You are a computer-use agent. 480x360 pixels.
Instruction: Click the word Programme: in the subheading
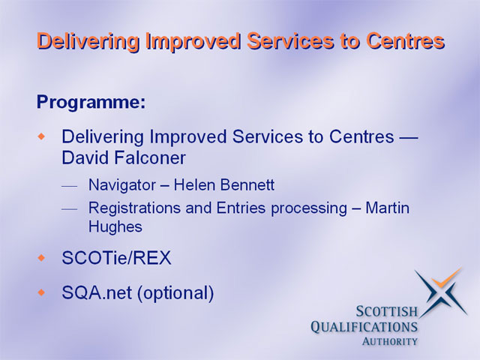[91, 103]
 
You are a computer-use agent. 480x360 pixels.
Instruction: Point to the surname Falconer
[150, 158]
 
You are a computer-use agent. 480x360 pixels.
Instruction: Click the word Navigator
[122, 185]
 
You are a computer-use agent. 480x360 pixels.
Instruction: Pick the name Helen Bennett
[224, 185]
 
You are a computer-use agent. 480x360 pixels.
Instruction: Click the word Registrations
[134, 208]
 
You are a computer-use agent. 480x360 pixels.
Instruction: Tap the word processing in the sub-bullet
[309, 209]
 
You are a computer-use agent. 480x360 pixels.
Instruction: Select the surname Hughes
[115, 227]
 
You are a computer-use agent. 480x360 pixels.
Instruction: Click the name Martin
[387, 208]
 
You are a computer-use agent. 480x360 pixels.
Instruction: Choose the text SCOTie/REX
[116, 258]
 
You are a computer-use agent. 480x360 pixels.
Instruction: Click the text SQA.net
[97, 292]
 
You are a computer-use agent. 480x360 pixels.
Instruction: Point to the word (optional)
[175, 293]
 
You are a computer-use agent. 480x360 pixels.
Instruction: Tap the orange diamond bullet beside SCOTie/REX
[41, 258]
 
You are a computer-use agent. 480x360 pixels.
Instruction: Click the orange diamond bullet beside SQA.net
[41, 292]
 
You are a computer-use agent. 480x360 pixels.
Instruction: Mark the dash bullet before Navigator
[69, 186]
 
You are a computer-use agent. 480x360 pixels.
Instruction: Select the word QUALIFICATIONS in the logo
[364, 327]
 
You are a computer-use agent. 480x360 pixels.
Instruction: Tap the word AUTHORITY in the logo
[390, 341]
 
